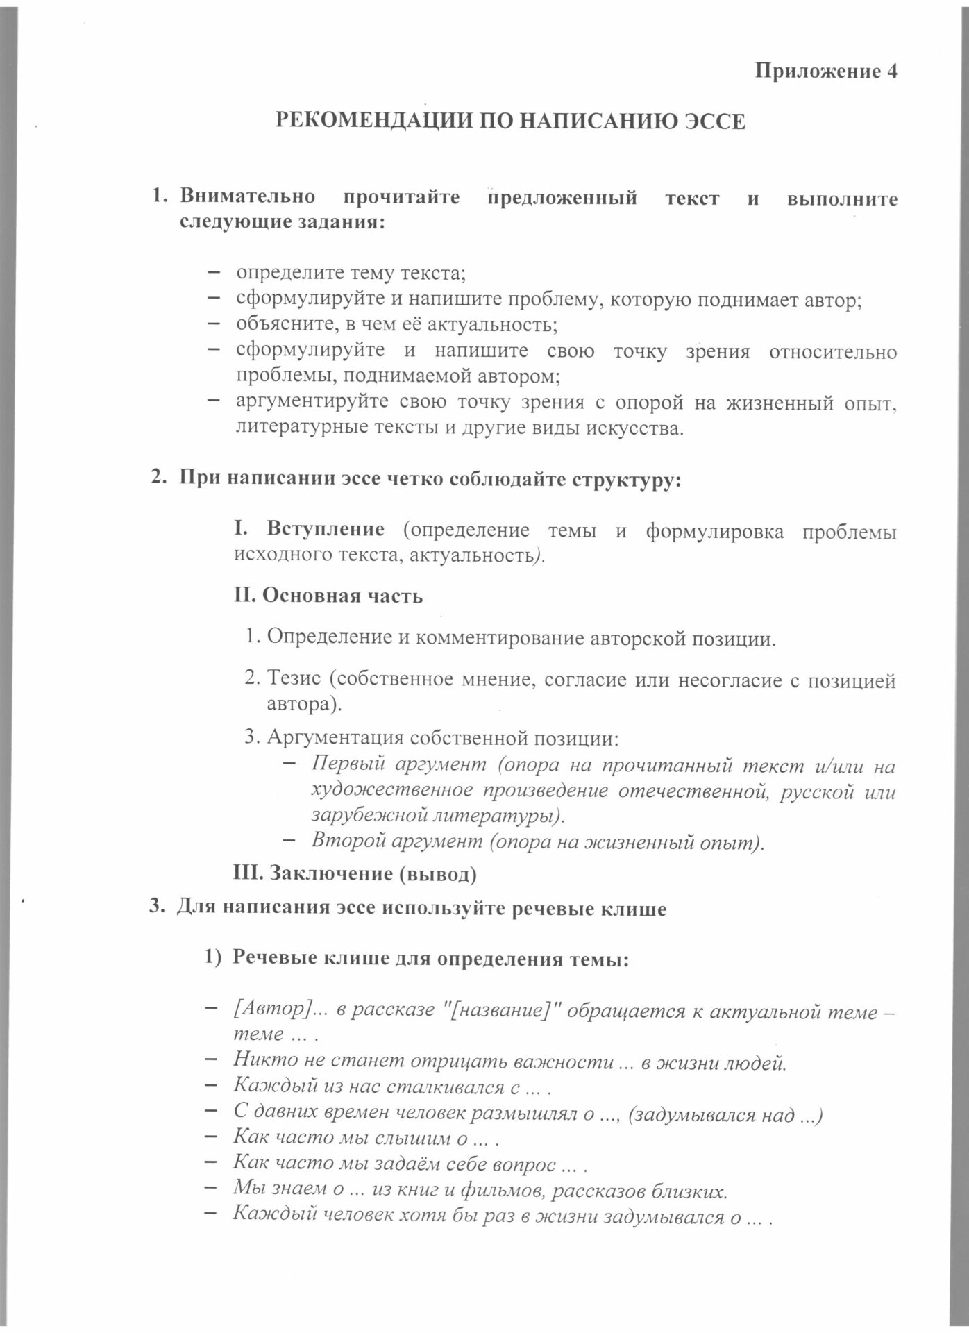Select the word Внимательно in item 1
tap(247, 197)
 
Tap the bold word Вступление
tap(326, 530)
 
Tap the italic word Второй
tap(347, 841)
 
